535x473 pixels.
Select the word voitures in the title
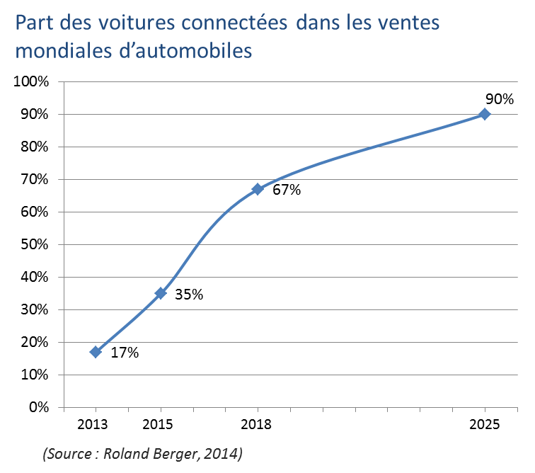coord(113,24)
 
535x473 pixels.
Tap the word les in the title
coord(362,24)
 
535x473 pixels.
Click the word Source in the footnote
coord(70,453)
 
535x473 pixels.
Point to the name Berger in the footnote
coord(172,453)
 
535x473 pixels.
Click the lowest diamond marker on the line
coord(96,352)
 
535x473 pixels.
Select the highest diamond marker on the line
coord(484,114)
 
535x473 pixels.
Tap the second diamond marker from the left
coord(161,292)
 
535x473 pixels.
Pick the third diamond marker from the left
coord(258,189)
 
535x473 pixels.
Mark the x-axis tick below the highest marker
coord(484,409)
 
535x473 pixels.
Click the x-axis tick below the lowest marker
coord(96,409)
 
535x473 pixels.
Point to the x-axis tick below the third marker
coord(258,409)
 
